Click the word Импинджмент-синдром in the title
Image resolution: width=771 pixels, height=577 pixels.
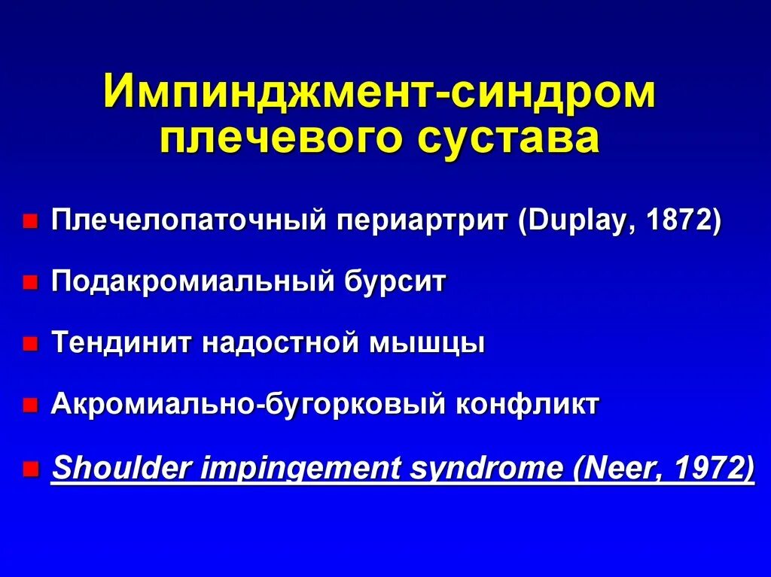379,93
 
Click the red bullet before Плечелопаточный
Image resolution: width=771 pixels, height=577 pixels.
29,223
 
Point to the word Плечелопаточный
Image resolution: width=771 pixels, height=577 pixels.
188,222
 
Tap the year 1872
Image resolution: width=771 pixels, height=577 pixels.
679,222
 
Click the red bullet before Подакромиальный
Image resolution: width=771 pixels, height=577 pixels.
29,284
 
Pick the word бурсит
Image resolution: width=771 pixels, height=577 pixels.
396,283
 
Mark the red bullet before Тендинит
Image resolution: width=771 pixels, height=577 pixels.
29,345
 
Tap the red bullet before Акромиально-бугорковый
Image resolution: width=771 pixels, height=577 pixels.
29,407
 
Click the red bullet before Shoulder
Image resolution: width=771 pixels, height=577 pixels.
29,470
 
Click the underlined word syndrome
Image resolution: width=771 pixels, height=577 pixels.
486,469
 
